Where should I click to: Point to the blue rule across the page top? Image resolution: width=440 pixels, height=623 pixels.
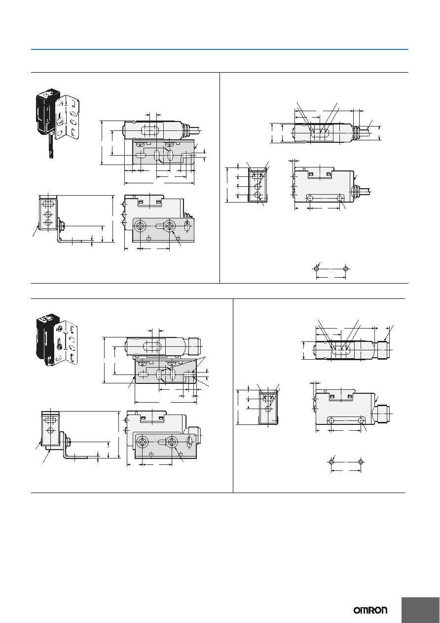point(220,49)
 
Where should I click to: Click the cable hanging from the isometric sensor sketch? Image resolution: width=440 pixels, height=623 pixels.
point(51,146)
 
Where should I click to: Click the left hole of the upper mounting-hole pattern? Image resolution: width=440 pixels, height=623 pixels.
point(316,269)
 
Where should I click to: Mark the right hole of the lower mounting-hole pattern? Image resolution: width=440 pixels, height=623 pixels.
point(361,462)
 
